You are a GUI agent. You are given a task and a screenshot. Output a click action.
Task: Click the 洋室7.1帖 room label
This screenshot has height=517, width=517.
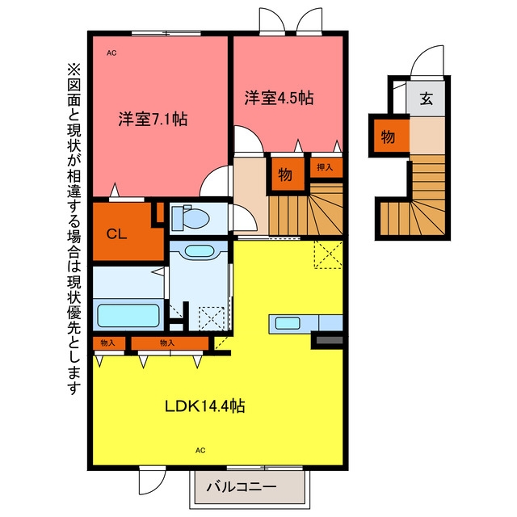click(153, 119)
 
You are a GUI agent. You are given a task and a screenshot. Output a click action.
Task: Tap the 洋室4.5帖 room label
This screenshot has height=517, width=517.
click(279, 98)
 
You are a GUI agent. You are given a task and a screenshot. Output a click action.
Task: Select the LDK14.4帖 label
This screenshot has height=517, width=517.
click(204, 406)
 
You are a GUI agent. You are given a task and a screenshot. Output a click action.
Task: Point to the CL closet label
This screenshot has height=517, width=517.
click(116, 234)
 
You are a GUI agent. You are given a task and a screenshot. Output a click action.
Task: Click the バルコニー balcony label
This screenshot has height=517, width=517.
click(242, 486)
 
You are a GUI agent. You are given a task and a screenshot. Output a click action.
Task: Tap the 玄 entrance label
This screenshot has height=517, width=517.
click(426, 99)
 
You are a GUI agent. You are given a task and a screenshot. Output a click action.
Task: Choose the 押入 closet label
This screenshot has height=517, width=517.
click(325, 167)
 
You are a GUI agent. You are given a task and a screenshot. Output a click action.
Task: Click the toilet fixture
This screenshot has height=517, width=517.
click(191, 217)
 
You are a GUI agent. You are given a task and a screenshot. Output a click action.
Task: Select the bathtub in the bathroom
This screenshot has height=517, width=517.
click(128, 316)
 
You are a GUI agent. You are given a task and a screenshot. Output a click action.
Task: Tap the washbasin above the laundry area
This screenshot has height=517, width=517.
click(199, 251)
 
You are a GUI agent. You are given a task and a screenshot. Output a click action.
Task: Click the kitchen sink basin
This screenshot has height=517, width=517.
click(288, 323)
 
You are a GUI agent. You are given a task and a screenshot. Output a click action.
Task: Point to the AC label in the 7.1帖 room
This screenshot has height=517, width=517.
click(111, 53)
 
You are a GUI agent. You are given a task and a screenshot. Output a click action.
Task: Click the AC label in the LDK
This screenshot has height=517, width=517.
click(200, 451)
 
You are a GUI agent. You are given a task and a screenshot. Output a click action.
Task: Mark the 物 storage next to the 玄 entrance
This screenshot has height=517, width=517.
click(388, 137)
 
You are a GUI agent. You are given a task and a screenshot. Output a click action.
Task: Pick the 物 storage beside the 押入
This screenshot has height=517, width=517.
click(285, 174)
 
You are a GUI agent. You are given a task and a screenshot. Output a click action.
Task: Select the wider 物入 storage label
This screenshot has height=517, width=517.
click(167, 343)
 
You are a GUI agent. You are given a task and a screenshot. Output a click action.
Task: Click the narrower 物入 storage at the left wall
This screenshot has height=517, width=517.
click(107, 343)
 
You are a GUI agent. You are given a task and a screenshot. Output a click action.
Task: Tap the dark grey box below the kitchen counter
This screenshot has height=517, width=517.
click(329, 341)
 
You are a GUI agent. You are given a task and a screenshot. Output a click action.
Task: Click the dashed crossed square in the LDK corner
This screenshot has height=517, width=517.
click(328, 254)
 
